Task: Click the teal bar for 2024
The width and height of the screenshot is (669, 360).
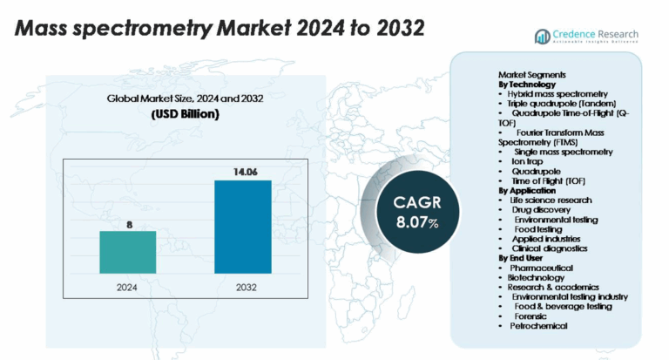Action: pyautogui.click(x=128, y=251)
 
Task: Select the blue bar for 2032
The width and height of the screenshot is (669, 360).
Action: pyautogui.click(x=243, y=227)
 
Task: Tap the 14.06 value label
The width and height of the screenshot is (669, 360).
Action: pyautogui.click(x=243, y=172)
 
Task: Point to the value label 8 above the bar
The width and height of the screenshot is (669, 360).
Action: pyautogui.click(x=129, y=224)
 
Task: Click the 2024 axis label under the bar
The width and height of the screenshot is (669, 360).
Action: pyautogui.click(x=128, y=286)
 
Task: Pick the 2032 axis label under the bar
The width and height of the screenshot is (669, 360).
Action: pyautogui.click(x=243, y=286)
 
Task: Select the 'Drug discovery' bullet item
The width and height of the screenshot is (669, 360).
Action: pyautogui.click(x=540, y=209)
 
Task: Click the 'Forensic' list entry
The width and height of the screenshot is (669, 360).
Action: pyautogui.click(x=532, y=316)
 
